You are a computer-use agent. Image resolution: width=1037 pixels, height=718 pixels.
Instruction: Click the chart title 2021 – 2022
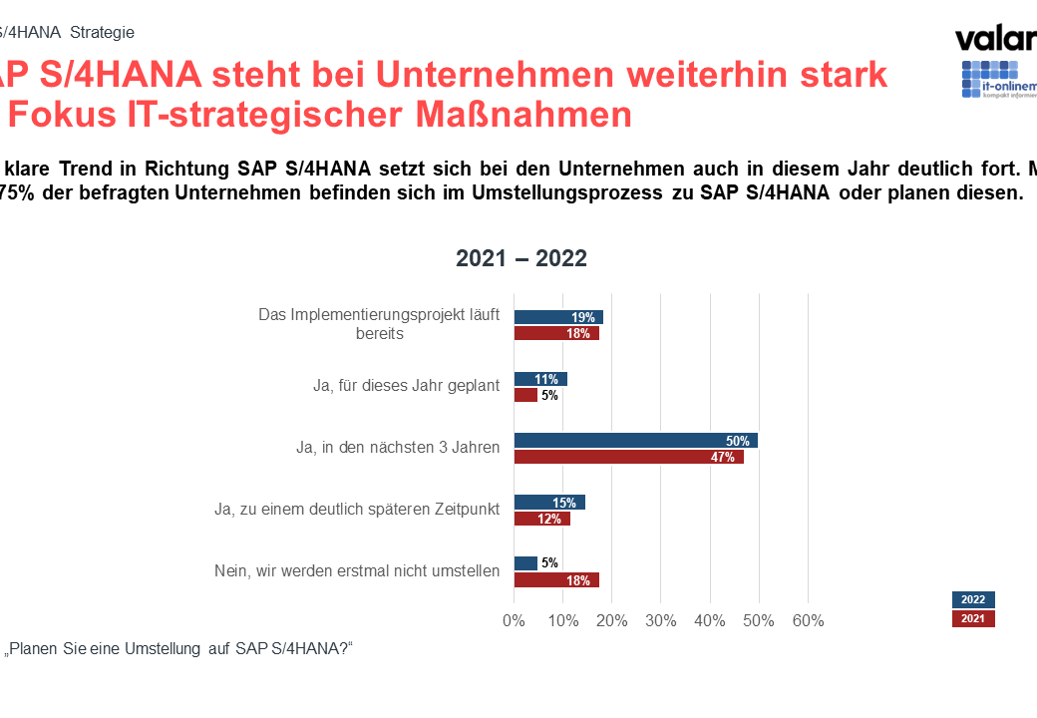(521, 258)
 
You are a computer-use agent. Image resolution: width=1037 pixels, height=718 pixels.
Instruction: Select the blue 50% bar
(635, 441)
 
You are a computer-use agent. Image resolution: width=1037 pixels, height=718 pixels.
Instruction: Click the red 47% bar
(628, 457)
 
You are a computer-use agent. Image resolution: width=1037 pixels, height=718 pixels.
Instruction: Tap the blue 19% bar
(557, 317)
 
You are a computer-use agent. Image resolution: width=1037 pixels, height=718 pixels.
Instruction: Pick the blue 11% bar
(539, 379)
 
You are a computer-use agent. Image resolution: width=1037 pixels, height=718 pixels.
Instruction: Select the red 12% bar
(541, 519)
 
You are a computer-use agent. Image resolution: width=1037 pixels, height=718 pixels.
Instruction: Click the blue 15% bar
(548, 503)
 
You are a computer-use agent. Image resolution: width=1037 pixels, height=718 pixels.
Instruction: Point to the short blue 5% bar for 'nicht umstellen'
(524, 563)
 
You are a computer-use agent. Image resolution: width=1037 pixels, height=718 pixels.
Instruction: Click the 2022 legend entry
(973, 599)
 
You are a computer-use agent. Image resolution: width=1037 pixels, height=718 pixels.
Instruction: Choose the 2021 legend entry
(973, 619)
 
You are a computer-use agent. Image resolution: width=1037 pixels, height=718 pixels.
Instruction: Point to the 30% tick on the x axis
(660, 621)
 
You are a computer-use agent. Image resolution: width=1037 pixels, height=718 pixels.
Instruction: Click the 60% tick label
(808, 621)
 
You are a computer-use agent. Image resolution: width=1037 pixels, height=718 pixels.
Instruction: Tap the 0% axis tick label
(514, 621)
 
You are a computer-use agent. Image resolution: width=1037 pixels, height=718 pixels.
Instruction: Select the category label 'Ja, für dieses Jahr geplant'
(406, 386)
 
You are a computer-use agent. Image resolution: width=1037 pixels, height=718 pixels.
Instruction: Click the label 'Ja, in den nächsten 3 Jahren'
(397, 448)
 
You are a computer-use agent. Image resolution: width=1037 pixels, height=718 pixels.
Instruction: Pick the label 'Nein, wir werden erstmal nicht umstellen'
(357, 571)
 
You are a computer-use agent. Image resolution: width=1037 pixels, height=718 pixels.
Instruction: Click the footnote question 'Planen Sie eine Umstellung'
(179, 648)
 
